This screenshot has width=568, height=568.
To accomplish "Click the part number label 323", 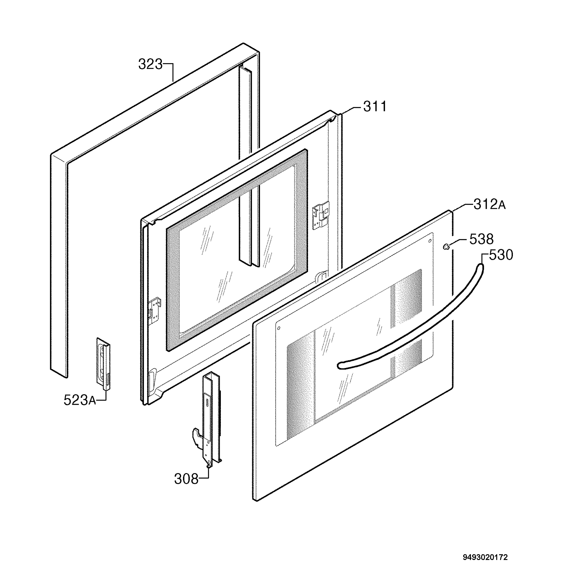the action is (150, 64).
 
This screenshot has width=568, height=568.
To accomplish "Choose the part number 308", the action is (186, 479).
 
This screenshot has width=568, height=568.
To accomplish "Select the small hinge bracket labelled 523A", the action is (103, 364).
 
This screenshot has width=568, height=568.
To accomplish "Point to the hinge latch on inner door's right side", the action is (320, 216).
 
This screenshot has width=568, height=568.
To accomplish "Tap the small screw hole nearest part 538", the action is (430, 241).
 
